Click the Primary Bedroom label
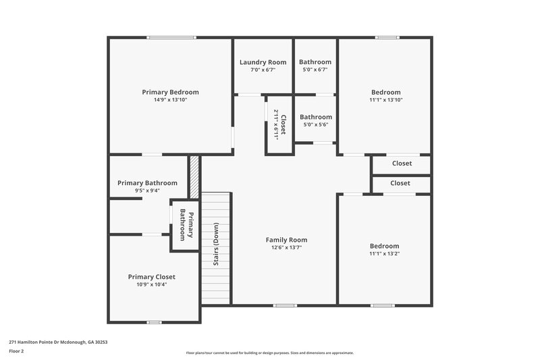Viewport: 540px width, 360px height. pyautogui.click(x=170, y=92)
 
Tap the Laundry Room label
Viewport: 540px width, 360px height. pyautogui.click(x=263, y=62)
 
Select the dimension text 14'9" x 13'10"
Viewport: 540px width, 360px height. pyautogui.click(x=170, y=100)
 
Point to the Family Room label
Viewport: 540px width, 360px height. pyautogui.click(x=286, y=240)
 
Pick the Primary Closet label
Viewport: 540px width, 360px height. pyautogui.click(x=152, y=277)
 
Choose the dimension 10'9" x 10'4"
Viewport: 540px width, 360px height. pyautogui.click(x=152, y=285)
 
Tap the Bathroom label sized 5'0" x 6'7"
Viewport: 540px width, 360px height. pyautogui.click(x=315, y=62)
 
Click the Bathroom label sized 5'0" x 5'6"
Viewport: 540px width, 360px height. pyautogui.click(x=316, y=117)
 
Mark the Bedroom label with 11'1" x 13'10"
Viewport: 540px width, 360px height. pyautogui.click(x=385, y=93)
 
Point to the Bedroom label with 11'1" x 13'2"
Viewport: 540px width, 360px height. pyautogui.click(x=384, y=246)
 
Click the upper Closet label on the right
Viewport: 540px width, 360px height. pyautogui.click(x=402, y=163)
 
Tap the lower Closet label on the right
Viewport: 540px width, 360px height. pyautogui.click(x=400, y=183)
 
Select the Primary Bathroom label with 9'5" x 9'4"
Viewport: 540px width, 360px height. pyautogui.click(x=147, y=183)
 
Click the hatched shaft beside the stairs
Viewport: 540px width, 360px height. pyautogui.click(x=194, y=178)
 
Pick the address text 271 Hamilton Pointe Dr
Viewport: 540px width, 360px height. pyautogui.click(x=58, y=342)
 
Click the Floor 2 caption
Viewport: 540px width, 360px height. pyautogui.click(x=16, y=351)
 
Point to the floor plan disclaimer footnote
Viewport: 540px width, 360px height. pyautogui.click(x=269, y=353)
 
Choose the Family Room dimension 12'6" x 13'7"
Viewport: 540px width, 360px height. pyautogui.click(x=286, y=248)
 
